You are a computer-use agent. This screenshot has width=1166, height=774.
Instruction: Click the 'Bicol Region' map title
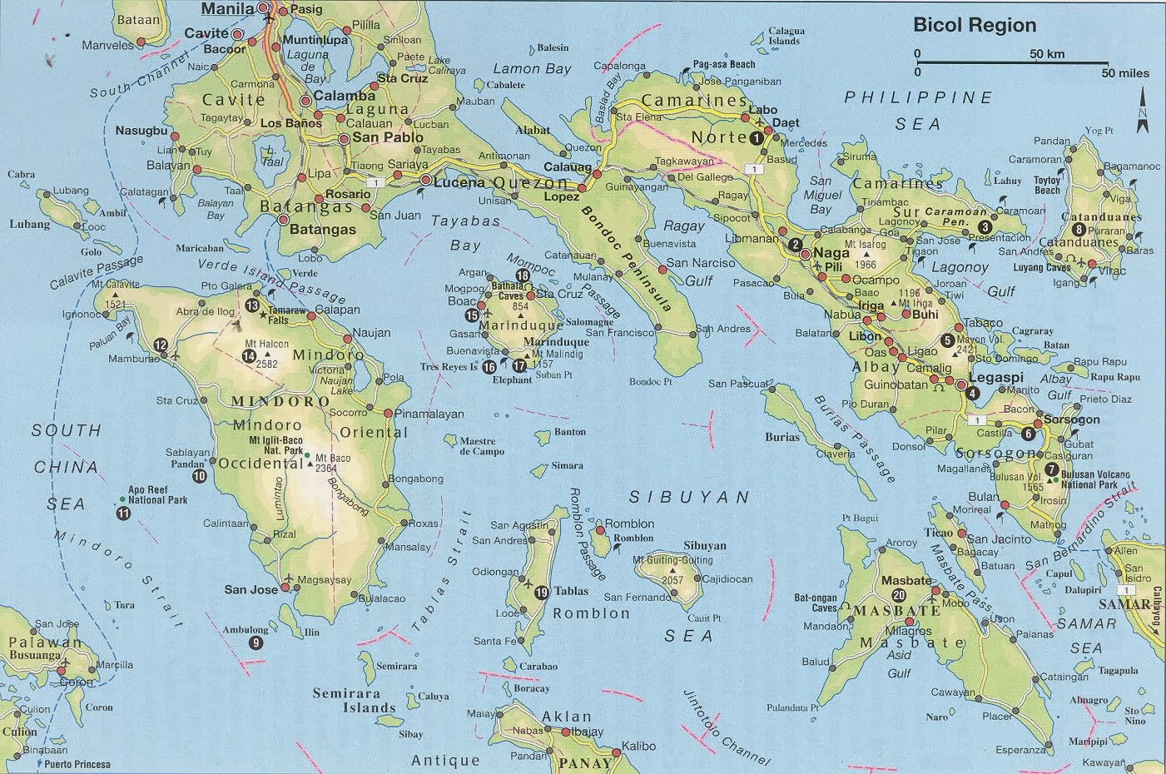tap(975, 25)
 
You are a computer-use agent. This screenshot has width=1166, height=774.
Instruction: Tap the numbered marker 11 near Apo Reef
tap(124, 514)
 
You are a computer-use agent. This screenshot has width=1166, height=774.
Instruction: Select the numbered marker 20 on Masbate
tap(898, 595)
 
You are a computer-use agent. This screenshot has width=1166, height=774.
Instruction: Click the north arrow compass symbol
tap(1143, 112)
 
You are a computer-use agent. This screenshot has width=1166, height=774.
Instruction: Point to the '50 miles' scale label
tap(1125, 73)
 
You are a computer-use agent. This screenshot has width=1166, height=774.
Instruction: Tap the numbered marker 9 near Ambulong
tap(255, 642)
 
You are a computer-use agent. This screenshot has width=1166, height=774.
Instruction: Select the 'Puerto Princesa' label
tap(77, 764)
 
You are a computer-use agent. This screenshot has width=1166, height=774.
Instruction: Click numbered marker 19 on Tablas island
tap(541, 593)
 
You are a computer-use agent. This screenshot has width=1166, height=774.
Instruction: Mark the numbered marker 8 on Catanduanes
tap(1079, 230)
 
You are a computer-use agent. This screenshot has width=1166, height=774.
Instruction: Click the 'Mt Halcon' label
tap(266, 345)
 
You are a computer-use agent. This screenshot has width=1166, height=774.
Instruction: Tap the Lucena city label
tap(456, 181)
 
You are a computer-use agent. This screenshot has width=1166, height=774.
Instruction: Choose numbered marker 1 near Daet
tap(756, 139)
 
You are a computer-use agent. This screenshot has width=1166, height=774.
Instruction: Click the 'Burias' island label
tap(783, 437)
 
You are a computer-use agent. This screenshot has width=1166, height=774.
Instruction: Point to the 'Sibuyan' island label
tap(704, 546)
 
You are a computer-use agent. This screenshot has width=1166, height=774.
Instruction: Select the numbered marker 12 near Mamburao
tap(161, 345)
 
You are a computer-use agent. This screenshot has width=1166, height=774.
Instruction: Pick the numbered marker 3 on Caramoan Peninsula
tap(985, 226)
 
